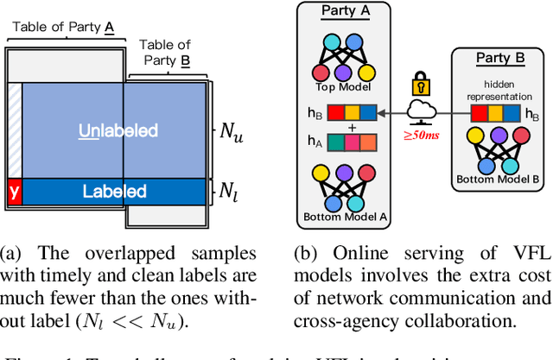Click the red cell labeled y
(13, 191)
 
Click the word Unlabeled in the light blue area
(119, 130)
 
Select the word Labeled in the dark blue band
(115, 192)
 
